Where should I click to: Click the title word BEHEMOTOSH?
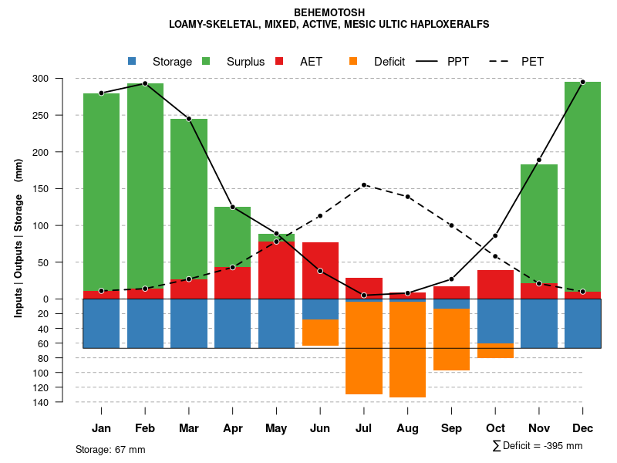(329, 12)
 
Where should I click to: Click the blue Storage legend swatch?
(132, 61)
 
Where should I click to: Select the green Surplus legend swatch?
(206, 61)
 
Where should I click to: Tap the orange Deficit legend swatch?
(353, 61)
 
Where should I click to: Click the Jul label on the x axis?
(364, 428)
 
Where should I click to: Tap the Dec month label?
(582, 428)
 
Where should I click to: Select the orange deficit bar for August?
(407, 350)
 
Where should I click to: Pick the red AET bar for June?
(320, 270)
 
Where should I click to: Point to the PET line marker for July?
(364, 184)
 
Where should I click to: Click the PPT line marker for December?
(582, 82)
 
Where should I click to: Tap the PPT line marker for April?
(232, 207)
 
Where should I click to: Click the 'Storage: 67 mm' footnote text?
(110, 449)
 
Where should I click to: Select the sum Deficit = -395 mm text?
(538, 446)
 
